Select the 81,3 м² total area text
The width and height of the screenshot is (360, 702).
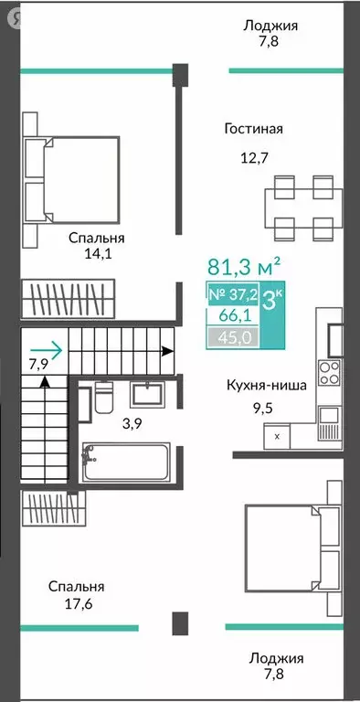click(x=245, y=268)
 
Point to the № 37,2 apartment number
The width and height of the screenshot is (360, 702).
click(x=231, y=294)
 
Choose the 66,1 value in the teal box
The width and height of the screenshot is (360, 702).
click(x=231, y=317)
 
